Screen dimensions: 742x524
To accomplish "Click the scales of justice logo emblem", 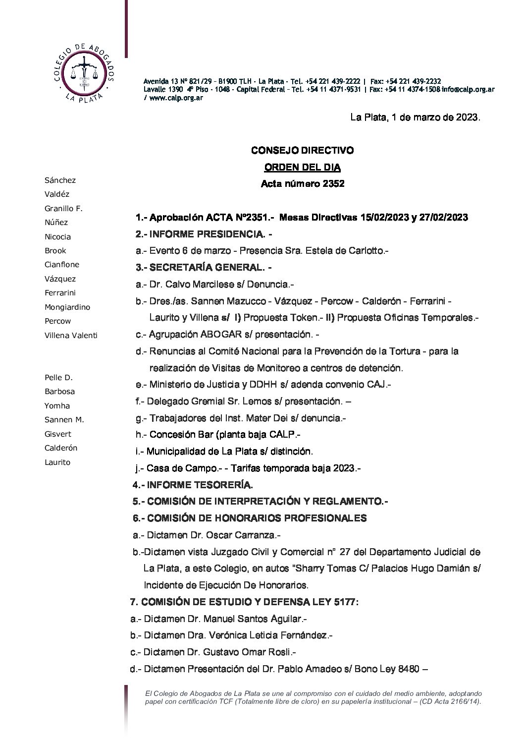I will (86, 72).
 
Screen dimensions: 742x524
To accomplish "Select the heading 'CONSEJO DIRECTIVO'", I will (302, 150).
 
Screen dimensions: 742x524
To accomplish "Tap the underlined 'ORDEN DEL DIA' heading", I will (302, 167).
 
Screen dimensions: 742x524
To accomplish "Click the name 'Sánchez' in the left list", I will (60, 180).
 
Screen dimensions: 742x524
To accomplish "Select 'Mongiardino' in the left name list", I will (67, 307).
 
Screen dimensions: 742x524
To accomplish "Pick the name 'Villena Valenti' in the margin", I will (71, 335).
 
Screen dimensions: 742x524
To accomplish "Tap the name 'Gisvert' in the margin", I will (58, 434).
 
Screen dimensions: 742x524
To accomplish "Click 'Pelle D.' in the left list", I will (58, 377).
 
